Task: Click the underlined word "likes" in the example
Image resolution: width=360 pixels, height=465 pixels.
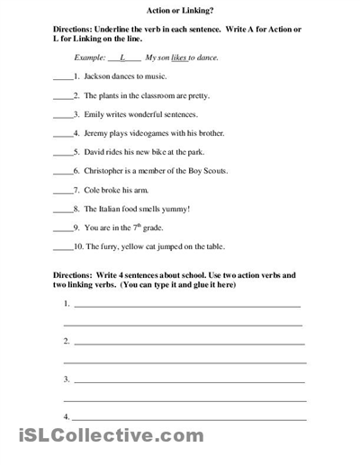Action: coord(180,58)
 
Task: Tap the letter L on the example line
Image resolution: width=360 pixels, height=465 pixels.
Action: coord(121,57)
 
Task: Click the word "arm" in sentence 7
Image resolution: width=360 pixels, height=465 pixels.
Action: coord(140,190)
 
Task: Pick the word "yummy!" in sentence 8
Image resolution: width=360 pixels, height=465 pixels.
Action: coord(175,209)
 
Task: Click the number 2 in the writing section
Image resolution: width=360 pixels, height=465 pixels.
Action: coord(67,342)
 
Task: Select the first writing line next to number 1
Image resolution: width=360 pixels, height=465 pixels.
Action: coord(187,306)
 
